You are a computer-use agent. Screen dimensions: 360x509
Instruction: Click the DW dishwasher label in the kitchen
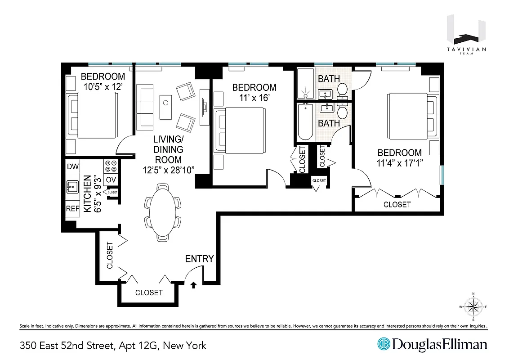tap(73, 166)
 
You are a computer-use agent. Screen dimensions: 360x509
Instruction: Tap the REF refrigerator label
tap(73, 209)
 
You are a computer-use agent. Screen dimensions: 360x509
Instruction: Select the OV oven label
tap(111, 180)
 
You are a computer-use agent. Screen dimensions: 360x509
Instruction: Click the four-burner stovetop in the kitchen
tap(111, 166)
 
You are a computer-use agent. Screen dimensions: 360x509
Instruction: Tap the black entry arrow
tap(194, 285)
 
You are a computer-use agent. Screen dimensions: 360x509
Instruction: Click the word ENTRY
tap(199, 259)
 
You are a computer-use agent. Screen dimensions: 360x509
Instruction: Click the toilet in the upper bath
tap(343, 90)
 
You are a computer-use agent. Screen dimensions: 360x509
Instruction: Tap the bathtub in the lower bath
tap(305, 122)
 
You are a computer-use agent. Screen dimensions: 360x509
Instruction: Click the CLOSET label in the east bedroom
tap(397, 204)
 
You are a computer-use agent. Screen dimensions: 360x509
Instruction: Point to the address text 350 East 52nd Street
tap(113, 346)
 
